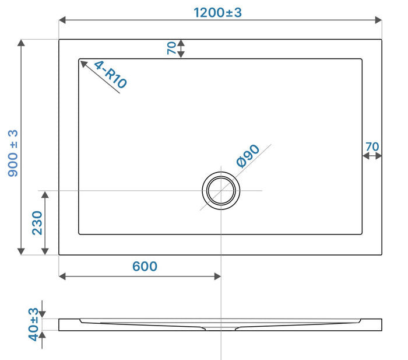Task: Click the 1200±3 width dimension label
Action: pos(217,12)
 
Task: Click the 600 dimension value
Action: pos(145,266)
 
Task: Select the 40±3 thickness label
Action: pos(34,324)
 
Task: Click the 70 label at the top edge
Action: pos(172,48)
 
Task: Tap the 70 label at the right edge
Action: pos(372,146)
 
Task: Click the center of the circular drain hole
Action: pos(221,191)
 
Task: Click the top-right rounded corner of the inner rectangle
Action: pos(361,60)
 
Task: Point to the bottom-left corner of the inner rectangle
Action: pos(79,233)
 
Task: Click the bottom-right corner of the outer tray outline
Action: pos(382,254)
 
